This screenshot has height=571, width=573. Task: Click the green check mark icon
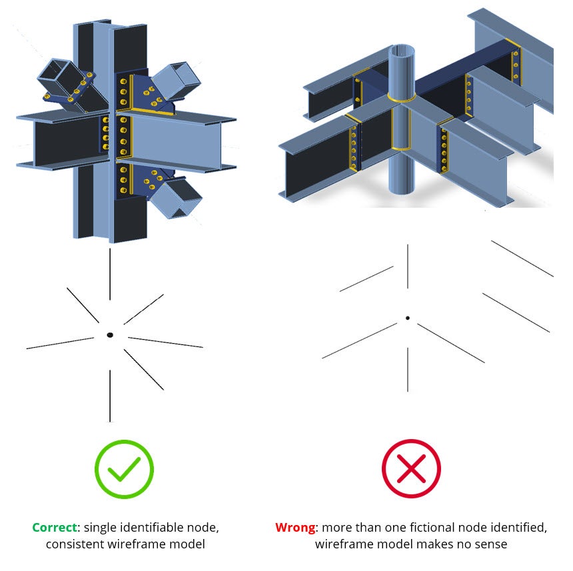click(124, 469)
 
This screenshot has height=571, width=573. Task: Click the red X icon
click(411, 469)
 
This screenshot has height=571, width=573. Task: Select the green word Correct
click(54, 528)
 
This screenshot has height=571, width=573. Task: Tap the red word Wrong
click(296, 528)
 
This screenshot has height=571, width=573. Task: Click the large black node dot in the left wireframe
click(110, 334)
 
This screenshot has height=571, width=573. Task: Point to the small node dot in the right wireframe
click(407, 318)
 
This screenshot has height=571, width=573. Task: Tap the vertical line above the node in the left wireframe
click(110, 274)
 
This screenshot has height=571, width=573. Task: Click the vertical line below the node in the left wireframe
click(110, 396)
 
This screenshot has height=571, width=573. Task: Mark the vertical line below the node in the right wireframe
click(407, 369)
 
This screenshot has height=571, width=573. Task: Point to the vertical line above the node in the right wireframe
click(407, 267)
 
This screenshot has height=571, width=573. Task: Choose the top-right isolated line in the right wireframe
click(522, 259)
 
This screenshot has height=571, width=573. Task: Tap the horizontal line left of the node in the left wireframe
click(60, 343)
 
